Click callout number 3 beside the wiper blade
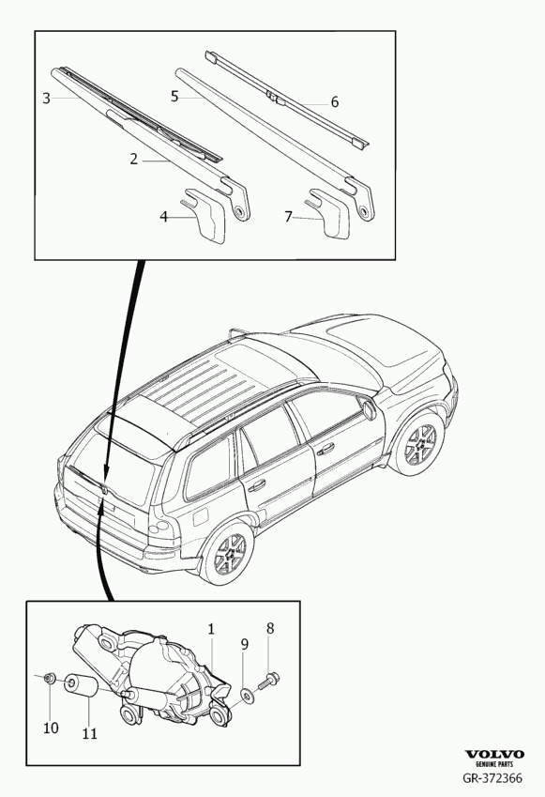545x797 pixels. [x=46, y=99]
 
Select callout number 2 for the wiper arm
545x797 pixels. [x=133, y=160]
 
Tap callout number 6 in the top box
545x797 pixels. [x=334, y=102]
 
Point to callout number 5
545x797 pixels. [x=174, y=96]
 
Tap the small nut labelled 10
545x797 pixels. [x=50, y=678]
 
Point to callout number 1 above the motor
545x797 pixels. [x=211, y=629]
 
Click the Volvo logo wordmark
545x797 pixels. [x=494, y=755]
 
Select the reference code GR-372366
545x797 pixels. [x=492, y=778]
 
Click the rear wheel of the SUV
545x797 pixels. [x=228, y=553]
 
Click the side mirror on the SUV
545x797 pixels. [x=367, y=407]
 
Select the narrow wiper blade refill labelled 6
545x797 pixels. [x=287, y=100]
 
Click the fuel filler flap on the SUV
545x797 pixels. [x=200, y=518]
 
